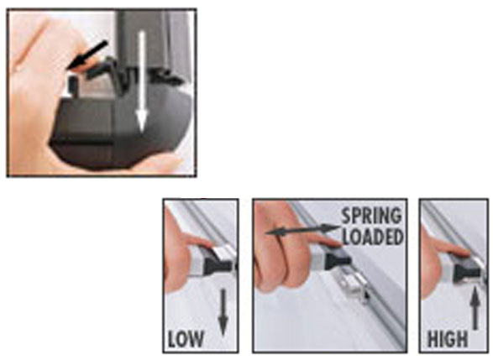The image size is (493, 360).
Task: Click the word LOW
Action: coord(186,340)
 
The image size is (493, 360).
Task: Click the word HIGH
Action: coord(448,340)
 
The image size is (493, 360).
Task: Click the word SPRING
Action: coord(371,216)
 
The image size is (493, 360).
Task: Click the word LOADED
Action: coord(372,237)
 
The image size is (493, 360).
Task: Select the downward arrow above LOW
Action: coord(223,312)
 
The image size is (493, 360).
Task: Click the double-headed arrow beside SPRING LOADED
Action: coord(303,230)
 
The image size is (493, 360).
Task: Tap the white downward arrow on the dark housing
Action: coord(142,81)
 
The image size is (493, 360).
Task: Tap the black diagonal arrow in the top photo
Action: coord(87,55)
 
